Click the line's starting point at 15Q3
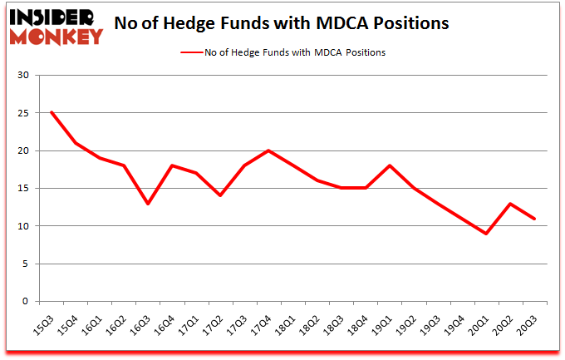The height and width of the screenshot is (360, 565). tap(52, 112)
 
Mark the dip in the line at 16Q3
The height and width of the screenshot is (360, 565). tap(148, 203)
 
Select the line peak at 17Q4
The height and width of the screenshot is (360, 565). tap(268, 150)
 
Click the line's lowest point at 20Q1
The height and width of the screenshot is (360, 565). tap(486, 234)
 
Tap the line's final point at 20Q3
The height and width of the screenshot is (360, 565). tap(534, 219)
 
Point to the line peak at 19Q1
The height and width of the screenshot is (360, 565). tap(390, 165)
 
